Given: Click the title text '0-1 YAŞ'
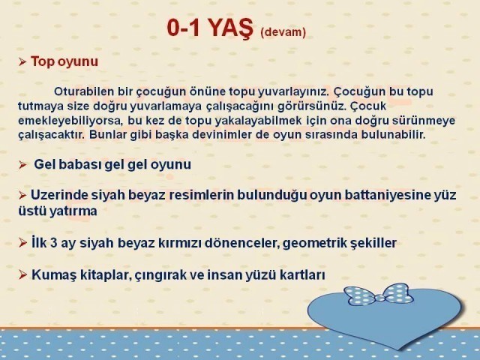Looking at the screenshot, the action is point(210,28).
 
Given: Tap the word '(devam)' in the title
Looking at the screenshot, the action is point(283,32).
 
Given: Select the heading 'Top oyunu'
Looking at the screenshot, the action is point(64,61).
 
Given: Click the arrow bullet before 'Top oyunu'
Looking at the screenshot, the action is point(22,61).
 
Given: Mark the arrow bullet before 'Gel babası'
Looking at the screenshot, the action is point(22,165).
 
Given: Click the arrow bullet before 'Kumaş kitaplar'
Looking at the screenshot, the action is point(22,274).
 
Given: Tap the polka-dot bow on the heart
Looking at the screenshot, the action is point(379,294).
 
